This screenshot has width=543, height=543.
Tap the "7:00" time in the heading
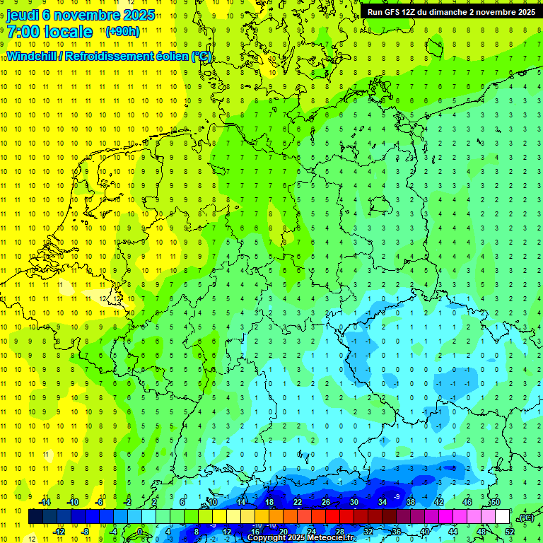coord(23,32)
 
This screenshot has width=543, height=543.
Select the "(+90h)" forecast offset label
coord(122,32)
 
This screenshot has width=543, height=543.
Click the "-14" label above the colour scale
coord(44,502)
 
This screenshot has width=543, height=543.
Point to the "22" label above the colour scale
coord(298,502)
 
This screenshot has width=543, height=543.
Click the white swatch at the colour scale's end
coord(502,517)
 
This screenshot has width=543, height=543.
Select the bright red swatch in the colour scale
coord(332,517)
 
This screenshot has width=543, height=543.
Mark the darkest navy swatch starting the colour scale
coord(35,517)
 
